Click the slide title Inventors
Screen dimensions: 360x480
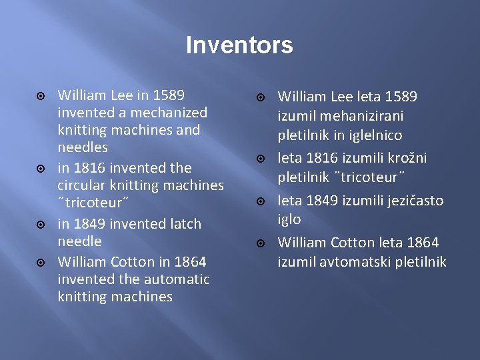(x=239, y=45)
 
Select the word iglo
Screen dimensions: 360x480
(x=289, y=219)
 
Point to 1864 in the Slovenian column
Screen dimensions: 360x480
(x=421, y=242)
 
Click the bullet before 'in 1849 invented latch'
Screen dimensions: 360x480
(x=41, y=224)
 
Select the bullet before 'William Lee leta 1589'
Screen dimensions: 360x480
(x=261, y=97)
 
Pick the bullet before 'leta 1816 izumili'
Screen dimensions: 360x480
(x=261, y=159)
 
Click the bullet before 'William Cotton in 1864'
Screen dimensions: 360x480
(x=41, y=262)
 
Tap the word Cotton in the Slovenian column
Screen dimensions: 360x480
(x=351, y=242)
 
